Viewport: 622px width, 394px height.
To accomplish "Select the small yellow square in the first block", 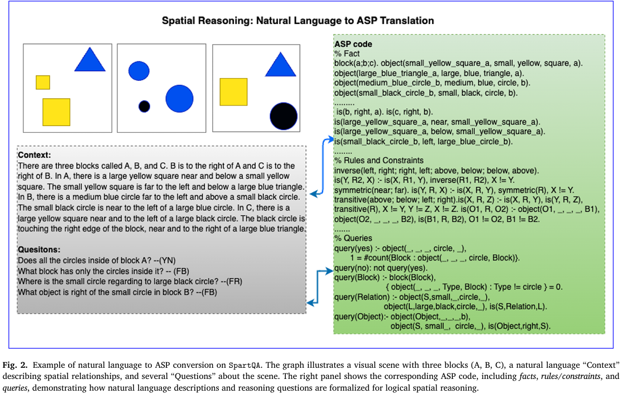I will pos(43,82).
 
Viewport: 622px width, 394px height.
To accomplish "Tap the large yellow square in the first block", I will pos(56,112).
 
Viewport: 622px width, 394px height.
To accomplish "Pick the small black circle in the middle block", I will pos(144,106).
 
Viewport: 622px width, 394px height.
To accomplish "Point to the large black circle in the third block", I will pos(283,116).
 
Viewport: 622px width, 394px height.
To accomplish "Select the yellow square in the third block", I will pos(233,92).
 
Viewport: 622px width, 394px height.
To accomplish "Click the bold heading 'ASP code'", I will pos(353,44).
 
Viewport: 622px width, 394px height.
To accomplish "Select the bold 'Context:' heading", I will pos(35,154).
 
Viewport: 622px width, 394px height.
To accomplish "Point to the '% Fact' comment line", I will pos(347,54).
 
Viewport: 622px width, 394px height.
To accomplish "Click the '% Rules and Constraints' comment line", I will pos(379,160).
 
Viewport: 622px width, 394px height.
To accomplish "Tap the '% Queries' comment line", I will pos(353,238).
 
